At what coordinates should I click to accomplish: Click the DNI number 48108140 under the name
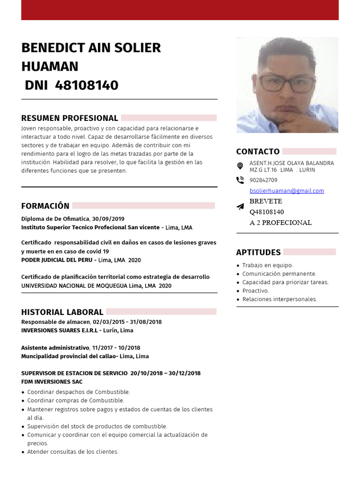pyautogui.click(x=86, y=85)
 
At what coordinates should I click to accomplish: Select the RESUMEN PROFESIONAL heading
pyautogui.click(x=69, y=118)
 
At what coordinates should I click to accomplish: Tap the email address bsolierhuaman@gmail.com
pyautogui.click(x=286, y=191)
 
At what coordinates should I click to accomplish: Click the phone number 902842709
pyautogui.click(x=263, y=180)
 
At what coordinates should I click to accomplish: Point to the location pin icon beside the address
pyautogui.click(x=240, y=166)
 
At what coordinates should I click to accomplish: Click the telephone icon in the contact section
pyautogui.click(x=240, y=180)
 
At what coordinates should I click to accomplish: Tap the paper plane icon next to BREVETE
pyautogui.click(x=240, y=206)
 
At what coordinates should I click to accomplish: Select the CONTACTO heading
pyautogui.click(x=258, y=151)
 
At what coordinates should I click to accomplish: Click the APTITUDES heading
pyautogui.click(x=258, y=252)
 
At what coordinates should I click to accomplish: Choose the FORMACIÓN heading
pyautogui.click(x=45, y=206)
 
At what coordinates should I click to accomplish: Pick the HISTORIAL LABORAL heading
pyautogui.click(x=62, y=312)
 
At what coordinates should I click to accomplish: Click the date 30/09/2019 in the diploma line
pyautogui.click(x=108, y=219)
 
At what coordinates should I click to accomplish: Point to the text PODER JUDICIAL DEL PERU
pyautogui.click(x=57, y=260)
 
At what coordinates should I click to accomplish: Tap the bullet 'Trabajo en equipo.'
pyautogui.click(x=267, y=265)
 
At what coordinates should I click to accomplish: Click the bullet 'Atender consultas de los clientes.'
pyautogui.click(x=73, y=452)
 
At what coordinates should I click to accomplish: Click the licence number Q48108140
pyautogui.click(x=266, y=212)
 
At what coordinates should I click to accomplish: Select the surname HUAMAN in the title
pyautogui.click(x=50, y=67)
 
